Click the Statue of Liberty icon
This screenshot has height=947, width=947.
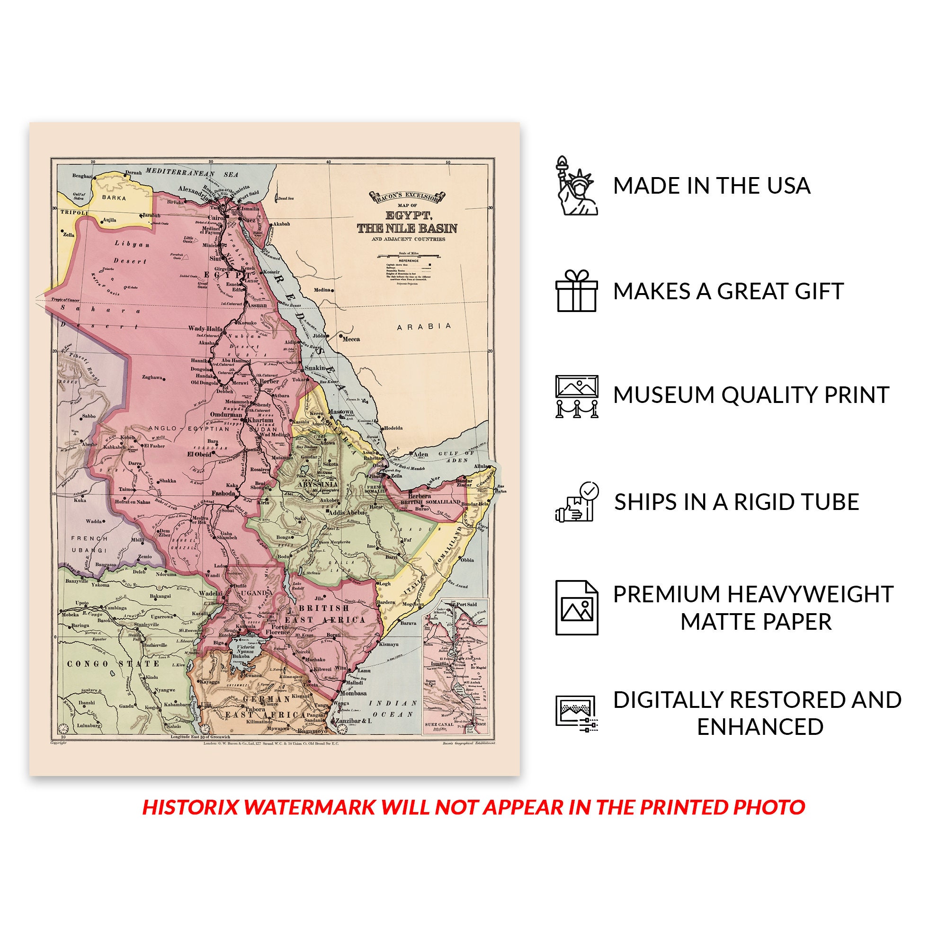click(576, 186)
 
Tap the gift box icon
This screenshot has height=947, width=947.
click(576, 291)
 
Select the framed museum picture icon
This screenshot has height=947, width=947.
click(576, 396)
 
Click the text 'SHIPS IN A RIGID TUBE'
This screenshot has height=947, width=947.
click(736, 502)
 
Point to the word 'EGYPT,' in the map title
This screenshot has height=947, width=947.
click(408, 215)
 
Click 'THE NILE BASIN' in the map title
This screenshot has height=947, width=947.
click(407, 228)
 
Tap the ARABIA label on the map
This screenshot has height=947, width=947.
click(424, 326)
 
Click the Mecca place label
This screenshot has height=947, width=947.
click(351, 339)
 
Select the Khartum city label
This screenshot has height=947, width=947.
click(260, 420)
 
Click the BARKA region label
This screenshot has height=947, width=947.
click(114, 198)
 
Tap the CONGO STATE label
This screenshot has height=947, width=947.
click(113, 664)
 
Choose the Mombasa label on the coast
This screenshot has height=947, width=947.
click(353, 693)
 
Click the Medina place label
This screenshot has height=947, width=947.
click(322, 290)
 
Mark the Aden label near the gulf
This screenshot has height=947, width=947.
click(420, 455)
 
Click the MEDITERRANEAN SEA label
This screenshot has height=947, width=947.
click(192, 173)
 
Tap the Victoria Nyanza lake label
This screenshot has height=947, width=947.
click(245, 650)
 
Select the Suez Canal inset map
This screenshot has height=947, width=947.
click(456, 666)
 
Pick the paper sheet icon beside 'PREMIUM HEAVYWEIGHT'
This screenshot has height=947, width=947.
click(576, 608)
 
